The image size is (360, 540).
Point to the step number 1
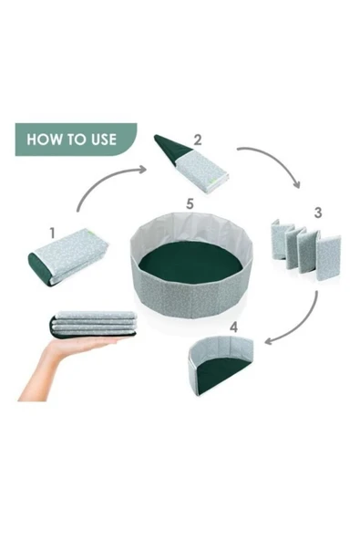point(52,234)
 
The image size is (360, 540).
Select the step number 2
point(198,140)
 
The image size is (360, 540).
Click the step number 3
point(318,213)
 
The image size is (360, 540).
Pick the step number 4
point(234,327)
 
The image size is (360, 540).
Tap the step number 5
point(190,204)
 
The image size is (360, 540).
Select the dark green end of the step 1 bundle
point(39,268)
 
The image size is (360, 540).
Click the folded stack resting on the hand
point(94,325)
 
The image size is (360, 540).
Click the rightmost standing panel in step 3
point(329,257)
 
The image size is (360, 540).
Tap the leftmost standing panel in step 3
point(280,240)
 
